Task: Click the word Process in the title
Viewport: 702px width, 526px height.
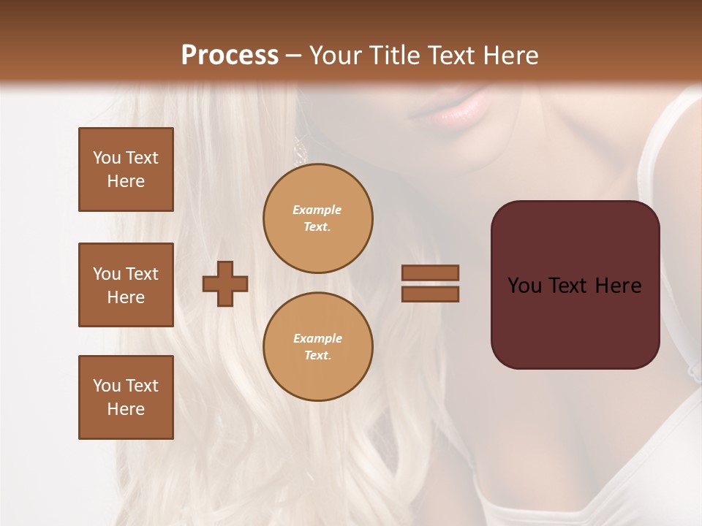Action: (x=230, y=56)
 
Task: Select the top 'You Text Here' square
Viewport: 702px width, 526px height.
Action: (x=126, y=169)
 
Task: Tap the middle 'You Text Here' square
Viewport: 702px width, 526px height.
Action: (x=126, y=285)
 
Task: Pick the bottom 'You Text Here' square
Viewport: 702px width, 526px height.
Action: (x=126, y=397)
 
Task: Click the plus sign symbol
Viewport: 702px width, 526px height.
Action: (x=224, y=283)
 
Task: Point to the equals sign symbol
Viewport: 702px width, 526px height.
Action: (x=430, y=283)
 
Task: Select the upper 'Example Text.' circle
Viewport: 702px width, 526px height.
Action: (x=318, y=218)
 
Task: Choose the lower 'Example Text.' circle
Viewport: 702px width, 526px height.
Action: (x=318, y=347)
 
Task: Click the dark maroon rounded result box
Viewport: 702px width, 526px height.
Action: (x=575, y=285)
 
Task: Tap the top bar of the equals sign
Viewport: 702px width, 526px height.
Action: (x=430, y=273)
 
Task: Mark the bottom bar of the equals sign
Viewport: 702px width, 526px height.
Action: (x=430, y=294)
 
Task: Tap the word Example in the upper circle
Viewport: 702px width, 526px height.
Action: (x=317, y=210)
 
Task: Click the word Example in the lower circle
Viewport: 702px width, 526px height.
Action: (x=317, y=339)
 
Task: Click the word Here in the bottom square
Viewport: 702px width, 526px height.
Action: (x=126, y=409)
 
